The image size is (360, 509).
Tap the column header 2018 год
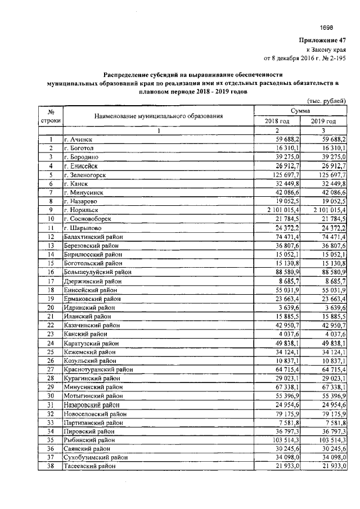pos(277,121)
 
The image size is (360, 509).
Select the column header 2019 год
pos(323,121)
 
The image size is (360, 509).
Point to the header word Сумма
pos(300,112)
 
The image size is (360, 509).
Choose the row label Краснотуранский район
pos(98,370)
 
